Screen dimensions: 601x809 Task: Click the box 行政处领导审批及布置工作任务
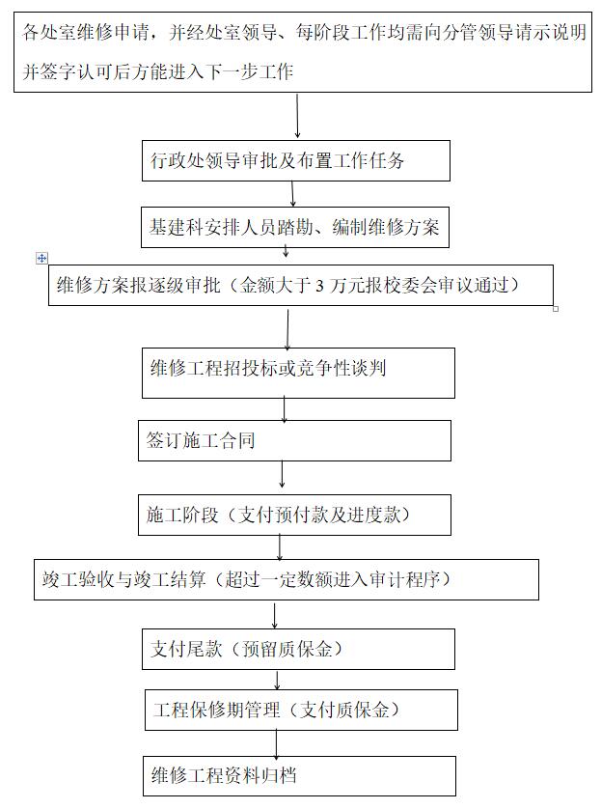296,160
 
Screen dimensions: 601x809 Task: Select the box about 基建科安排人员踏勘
295,227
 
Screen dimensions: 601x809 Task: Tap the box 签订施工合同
294,440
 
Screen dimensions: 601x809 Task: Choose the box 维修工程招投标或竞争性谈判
298,373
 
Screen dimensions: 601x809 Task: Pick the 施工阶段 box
294,515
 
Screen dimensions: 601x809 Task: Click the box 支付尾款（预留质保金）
298,649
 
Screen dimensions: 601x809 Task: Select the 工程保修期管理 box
301,710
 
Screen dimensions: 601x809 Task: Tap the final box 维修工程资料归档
299,776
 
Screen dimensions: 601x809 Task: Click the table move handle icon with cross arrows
41,258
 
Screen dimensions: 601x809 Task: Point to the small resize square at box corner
556,309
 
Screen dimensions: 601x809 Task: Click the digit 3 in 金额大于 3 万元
319,286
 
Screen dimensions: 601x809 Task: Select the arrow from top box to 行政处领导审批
297,116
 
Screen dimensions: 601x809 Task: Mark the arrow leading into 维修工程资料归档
277,744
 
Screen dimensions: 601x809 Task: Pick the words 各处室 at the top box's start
49,33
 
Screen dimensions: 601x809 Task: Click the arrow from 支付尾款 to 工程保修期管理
277,681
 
